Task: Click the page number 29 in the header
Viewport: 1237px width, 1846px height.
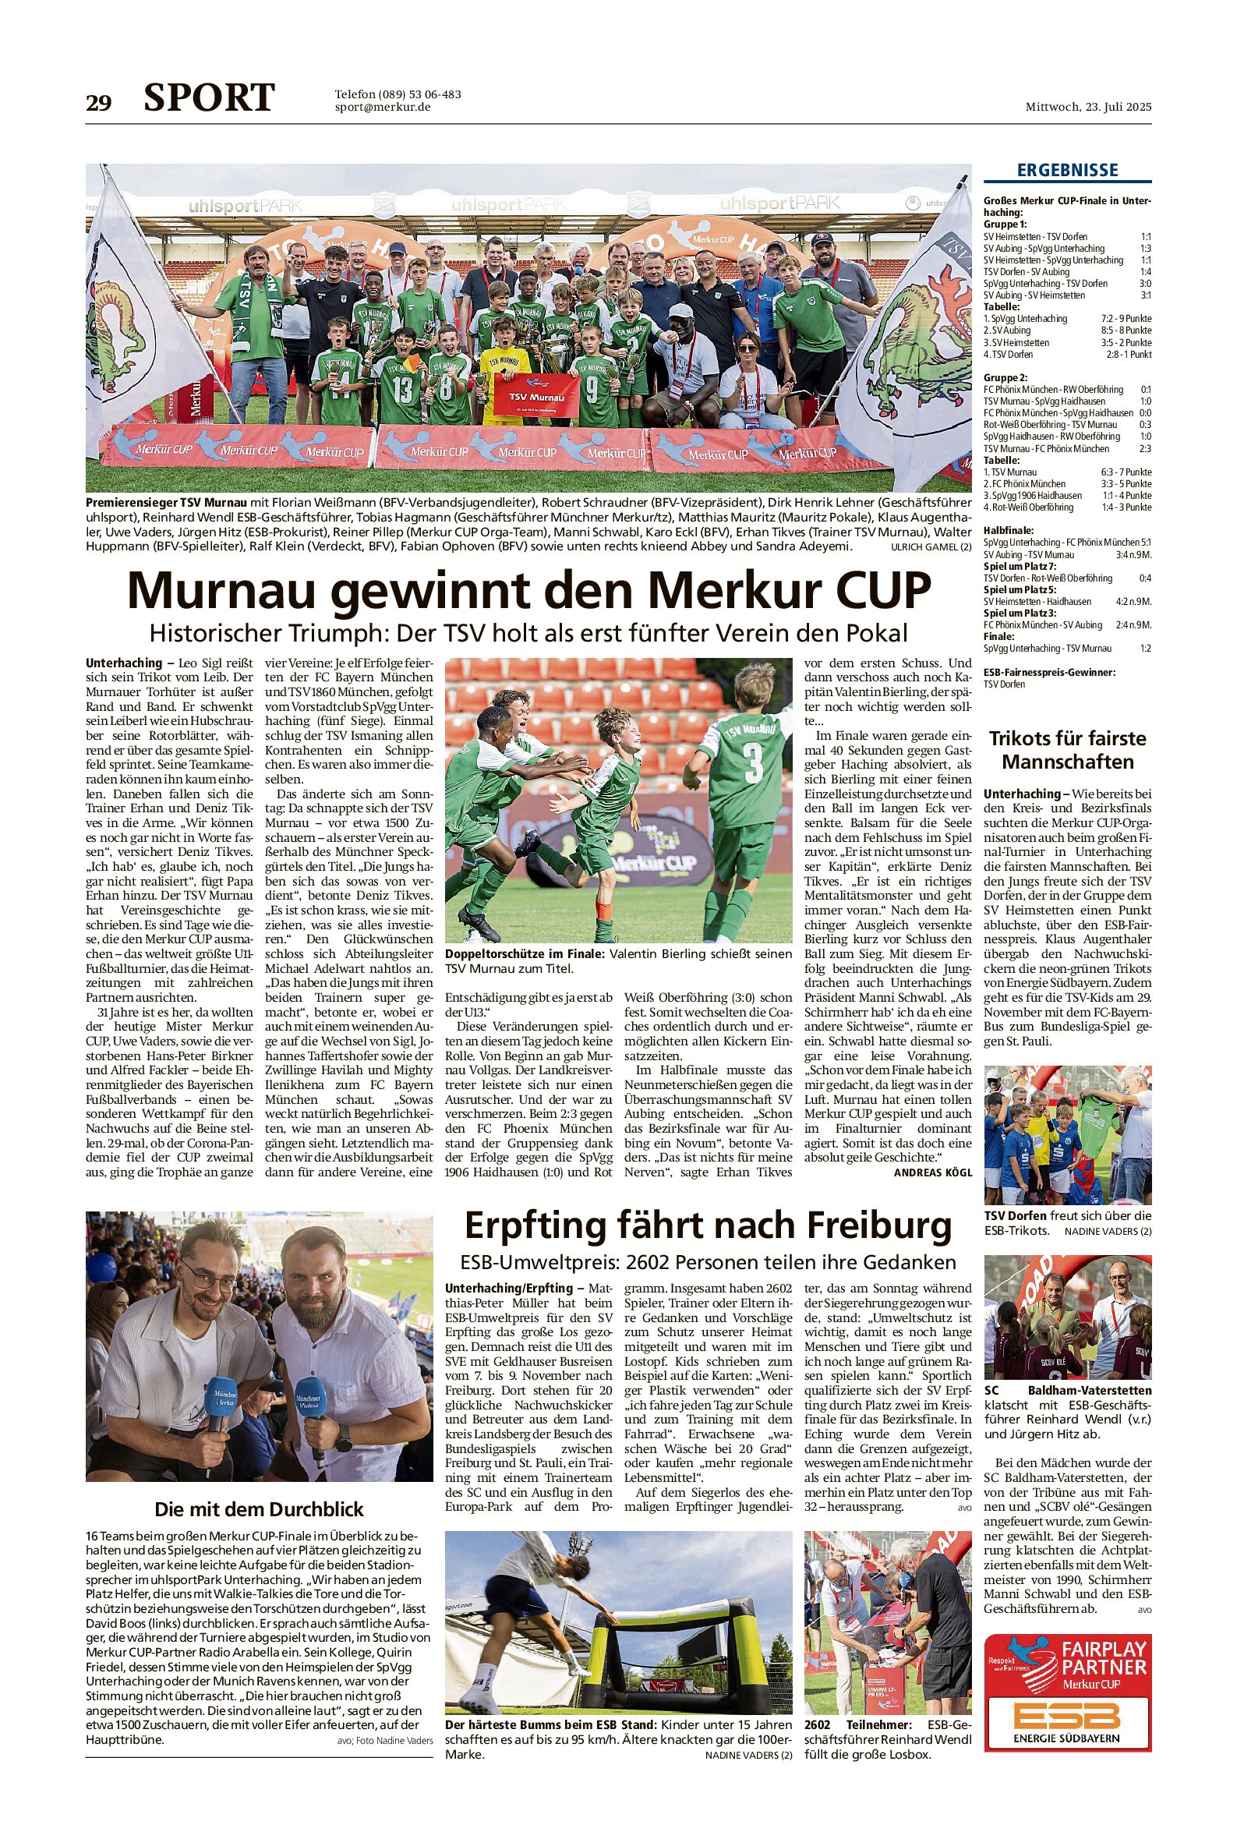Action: tap(99, 104)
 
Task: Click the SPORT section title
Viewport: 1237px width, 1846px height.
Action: tap(209, 98)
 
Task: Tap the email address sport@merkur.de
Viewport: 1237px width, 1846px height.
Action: tap(383, 108)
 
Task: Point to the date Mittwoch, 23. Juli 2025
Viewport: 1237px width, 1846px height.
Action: tap(1088, 108)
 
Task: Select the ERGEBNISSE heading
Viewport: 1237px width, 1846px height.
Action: tap(1067, 171)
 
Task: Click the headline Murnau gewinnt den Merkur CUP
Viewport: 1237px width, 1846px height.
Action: tap(528, 590)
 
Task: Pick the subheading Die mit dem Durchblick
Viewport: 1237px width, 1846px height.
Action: tap(259, 1509)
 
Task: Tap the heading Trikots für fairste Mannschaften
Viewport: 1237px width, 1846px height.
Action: tap(1067, 750)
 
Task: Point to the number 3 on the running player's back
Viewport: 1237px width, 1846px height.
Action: tap(754, 764)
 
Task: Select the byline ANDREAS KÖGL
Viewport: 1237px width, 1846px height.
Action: tap(932, 1173)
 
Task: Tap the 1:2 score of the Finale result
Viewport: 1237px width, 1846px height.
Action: tap(1145, 649)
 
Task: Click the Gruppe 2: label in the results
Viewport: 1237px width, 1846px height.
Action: tap(1005, 378)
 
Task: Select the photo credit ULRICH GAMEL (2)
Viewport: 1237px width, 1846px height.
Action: tap(931, 546)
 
